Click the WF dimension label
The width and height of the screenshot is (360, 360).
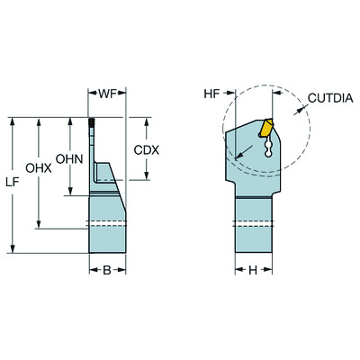click(107, 93)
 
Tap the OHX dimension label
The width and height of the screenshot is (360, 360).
click(38, 167)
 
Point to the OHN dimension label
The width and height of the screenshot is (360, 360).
click(68, 158)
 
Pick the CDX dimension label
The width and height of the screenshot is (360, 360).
click(146, 149)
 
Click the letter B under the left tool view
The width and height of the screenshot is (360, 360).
click(106, 269)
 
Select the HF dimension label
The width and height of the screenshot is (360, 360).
click(211, 93)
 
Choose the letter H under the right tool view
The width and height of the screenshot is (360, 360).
click(253, 269)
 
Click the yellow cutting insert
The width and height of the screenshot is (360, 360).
click(266, 129)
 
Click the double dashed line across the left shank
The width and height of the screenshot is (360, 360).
click(106, 224)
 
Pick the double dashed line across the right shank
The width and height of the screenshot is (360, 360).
click(253, 224)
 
